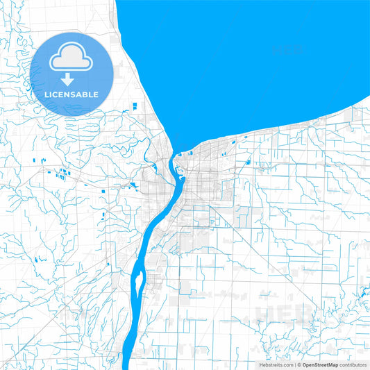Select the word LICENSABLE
coord(72,94)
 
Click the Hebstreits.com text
coord(275,364)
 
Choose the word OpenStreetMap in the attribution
coord(320,364)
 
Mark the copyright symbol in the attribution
coord(299,364)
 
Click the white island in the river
coord(139,282)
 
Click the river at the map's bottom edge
coord(127,365)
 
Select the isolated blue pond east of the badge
coord(134,106)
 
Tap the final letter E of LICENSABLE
coord(96,94)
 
